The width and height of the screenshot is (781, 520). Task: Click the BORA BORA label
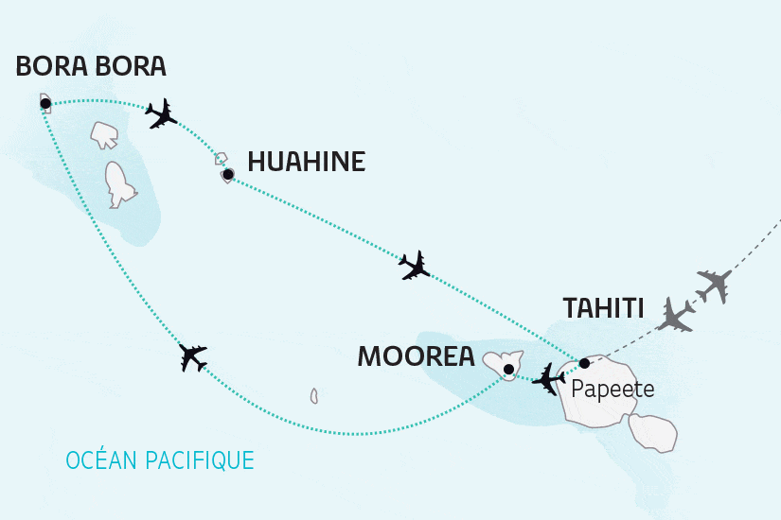pyautogui.click(x=92, y=67)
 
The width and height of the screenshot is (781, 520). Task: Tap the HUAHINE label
pyautogui.click(x=306, y=163)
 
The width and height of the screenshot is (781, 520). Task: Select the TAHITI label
pyautogui.click(x=603, y=309)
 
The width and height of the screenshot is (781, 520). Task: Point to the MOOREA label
pyautogui.click(x=415, y=356)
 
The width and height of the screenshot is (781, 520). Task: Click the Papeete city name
pyautogui.click(x=612, y=389)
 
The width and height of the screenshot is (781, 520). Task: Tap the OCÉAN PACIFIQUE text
pyautogui.click(x=160, y=460)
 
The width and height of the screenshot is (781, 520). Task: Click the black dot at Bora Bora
pyautogui.click(x=45, y=103)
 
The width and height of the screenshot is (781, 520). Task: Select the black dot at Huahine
pyautogui.click(x=227, y=174)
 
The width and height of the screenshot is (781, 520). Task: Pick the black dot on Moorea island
pyautogui.click(x=508, y=369)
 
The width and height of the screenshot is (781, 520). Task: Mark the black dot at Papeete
pyautogui.click(x=584, y=363)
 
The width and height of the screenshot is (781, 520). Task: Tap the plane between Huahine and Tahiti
pyautogui.click(x=415, y=265)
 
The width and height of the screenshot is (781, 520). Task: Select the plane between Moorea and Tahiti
pyautogui.click(x=548, y=379)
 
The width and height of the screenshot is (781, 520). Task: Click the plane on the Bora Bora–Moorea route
pyautogui.click(x=193, y=357)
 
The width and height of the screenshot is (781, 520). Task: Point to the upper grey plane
pyautogui.click(x=715, y=284)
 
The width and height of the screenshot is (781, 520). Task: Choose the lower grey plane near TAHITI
pyautogui.click(x=678, y=316)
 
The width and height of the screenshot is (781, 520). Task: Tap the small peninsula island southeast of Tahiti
pyautogui.click(x=653, y=430)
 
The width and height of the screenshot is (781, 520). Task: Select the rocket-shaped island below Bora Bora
pyautogui.click(x=118, y=184)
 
